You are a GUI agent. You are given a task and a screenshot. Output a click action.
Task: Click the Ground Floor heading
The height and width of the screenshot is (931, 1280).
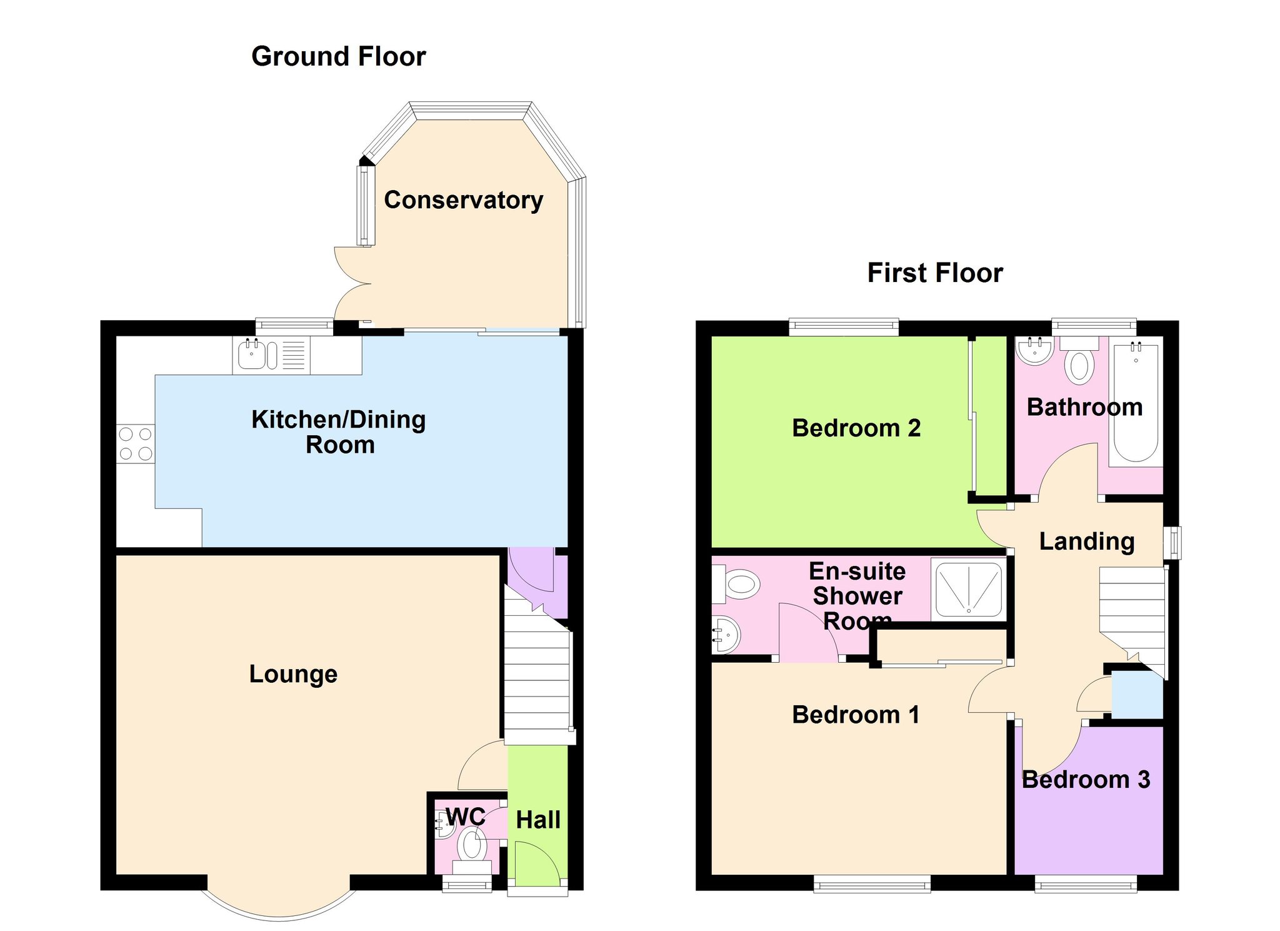pos(338,56)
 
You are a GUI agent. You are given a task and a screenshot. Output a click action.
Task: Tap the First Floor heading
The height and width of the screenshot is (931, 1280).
pos(935,273)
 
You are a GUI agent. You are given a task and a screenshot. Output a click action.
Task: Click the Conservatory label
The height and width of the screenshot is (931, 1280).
pos(463,200)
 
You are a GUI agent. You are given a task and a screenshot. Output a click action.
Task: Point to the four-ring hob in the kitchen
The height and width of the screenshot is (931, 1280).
pos(136,443)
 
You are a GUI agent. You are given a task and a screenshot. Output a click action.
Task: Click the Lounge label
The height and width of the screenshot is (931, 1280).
pos(293,674)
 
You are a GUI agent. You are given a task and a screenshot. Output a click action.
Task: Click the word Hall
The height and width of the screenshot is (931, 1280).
pos(538,820)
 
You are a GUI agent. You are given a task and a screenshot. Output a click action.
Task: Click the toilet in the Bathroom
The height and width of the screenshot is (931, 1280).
pos(1079,360)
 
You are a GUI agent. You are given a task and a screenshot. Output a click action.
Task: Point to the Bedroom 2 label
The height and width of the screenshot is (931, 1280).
pos(856,428)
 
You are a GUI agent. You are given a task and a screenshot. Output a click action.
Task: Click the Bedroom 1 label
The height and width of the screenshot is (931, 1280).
pos(856,715)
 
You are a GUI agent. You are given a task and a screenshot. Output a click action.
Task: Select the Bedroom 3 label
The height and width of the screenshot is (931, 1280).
pos(1086,780)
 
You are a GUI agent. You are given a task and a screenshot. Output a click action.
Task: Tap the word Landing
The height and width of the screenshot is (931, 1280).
pos(1087,541)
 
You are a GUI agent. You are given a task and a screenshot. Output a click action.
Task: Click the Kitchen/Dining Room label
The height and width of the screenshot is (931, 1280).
pos(339,432)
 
